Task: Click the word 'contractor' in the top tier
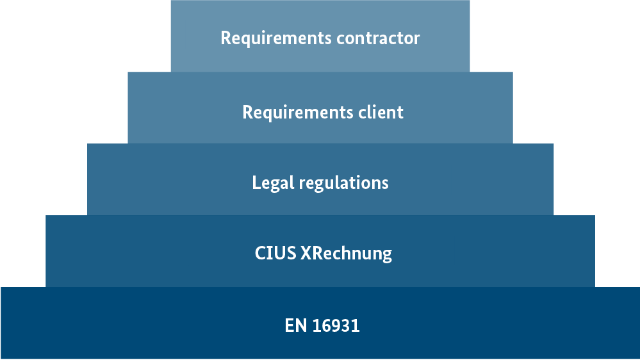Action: tap(377, 38)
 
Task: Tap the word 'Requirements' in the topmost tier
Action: tap(276, 38)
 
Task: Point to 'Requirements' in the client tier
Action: tap(298, 113)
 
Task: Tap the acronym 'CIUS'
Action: tap(275, 253)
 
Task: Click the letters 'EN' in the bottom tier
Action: tap(295, 325)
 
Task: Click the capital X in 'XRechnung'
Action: tap(305, 253)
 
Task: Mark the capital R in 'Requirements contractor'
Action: tap(226, 38)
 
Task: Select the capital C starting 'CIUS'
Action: tap(260, 253)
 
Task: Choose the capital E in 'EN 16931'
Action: tap(289, 325)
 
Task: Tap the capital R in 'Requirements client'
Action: tap(247, 112)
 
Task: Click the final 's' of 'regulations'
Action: tap(385, 184)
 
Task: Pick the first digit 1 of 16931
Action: tap(316, 325)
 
